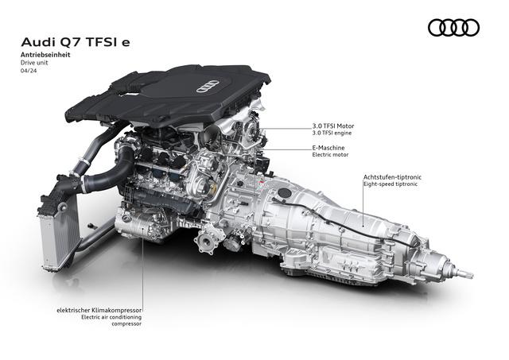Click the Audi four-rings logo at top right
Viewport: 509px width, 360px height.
coord(454,29)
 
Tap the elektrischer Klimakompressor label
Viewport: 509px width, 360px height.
coord(99,309)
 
